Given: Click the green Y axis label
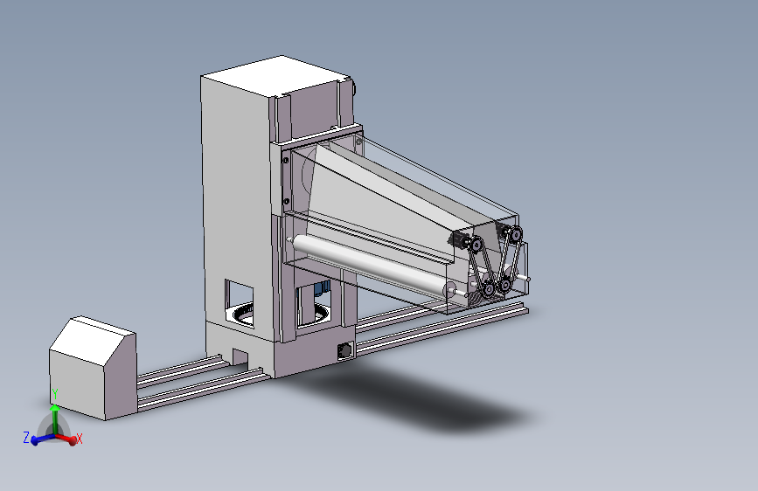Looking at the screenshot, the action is pos(55,394).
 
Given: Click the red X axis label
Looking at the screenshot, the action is pos(80,439).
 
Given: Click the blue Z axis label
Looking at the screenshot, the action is pos(26,438).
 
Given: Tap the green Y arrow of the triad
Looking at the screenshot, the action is pos(55,418).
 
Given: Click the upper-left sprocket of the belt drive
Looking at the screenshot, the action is pos(476,245).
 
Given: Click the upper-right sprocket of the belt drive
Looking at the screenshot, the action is pos(515,235).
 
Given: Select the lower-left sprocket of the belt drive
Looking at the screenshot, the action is pos(488,290).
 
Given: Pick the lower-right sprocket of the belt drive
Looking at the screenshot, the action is pos(504,285).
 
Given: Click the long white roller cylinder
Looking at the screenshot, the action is pos(372,265).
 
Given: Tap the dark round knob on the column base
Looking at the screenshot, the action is pos(345,350).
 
